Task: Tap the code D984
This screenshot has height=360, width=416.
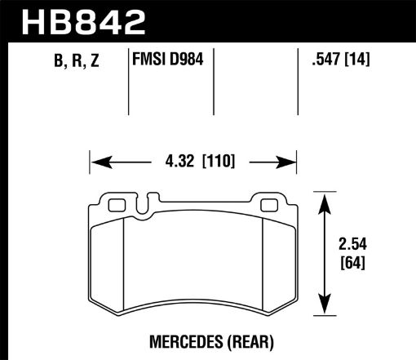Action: [x=187, y=60]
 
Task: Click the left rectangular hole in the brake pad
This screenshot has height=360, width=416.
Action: [x=115, y=205]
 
